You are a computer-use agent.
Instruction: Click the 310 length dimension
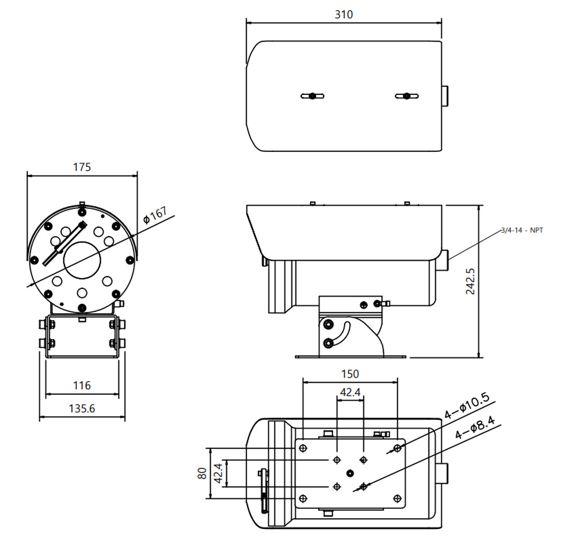[x=344, y=14]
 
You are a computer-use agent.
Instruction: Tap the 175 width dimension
[x=82, y=168]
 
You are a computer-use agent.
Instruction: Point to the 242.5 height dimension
[x=471, y=281]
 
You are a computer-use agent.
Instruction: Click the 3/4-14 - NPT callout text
[x=522, y=230]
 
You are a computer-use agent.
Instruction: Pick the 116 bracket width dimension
[x=82, y=385]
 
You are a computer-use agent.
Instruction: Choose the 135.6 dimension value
[x=82, y=409]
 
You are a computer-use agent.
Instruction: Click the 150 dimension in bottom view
[x=350, y=374]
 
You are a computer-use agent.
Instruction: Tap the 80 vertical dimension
[x=202, y=473]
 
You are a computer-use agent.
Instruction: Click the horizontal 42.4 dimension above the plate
[x=350, y=393]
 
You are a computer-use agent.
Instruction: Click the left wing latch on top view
[x=312, y=96]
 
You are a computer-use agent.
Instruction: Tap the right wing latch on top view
[x=407, y=96]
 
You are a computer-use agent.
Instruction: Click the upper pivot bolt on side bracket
[x=328, y=324]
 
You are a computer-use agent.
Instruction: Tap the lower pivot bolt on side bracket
[x=328, y=344]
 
